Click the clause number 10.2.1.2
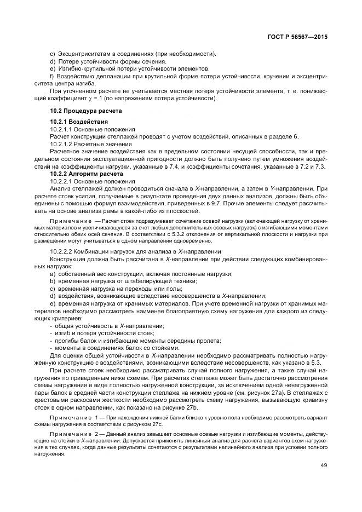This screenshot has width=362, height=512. pos(64,143)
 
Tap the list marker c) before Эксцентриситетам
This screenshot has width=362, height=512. pos(52,53)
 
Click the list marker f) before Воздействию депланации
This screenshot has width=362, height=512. pos(51,76)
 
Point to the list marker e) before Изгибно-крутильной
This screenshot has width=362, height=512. pos(52,68)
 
